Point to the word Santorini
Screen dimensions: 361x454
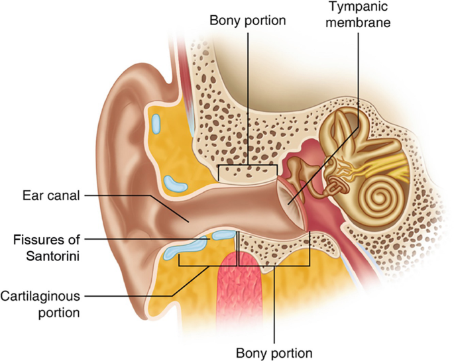coord(48,252)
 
